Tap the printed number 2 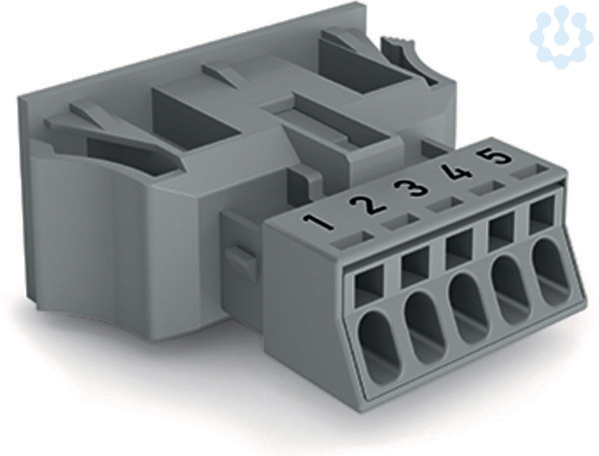[x=367, y=205]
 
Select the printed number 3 [x=411, y=188]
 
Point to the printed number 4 [x=456, y=172]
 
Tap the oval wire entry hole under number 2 [x=424, y=325]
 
